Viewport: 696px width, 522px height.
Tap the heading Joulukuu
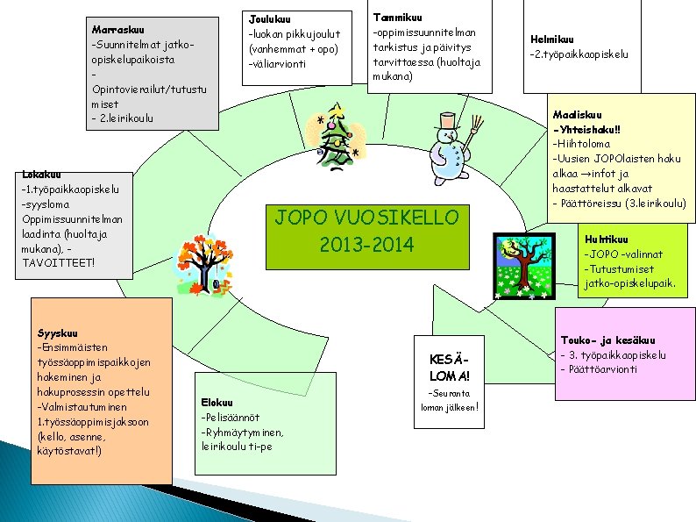coord(270,19)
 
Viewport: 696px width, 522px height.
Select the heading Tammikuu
coord(398,17)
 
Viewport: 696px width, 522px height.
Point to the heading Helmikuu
coord(552,39)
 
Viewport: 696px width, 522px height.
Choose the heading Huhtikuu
coord(606,240)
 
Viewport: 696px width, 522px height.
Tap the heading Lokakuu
coord(42,174)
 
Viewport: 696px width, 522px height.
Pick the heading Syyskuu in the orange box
coord(58,333)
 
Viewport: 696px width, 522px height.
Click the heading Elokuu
coord(217,403)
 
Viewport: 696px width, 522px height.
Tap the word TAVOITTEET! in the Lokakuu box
coord(57,262)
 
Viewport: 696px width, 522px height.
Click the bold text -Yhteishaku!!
coord(587,129)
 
